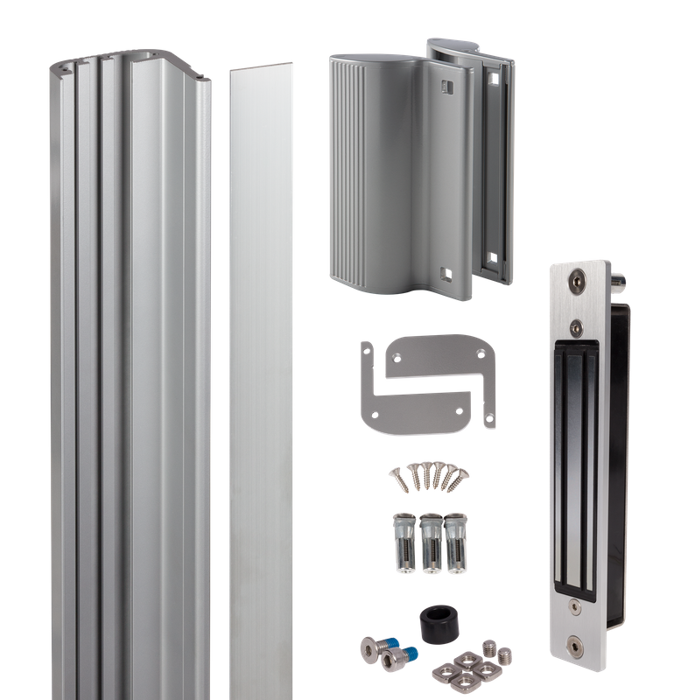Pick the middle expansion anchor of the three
coord(430,542)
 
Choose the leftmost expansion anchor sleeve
coord(406,542)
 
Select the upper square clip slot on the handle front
coord(444,86)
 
